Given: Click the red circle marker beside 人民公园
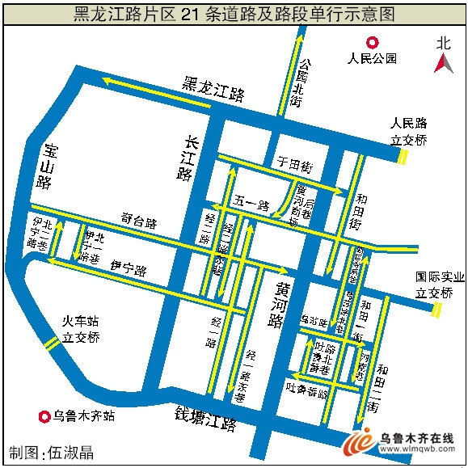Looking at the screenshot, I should click(372, 44).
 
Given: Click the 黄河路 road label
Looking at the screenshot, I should click(276, 306).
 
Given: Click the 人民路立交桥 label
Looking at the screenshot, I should click(408, 132).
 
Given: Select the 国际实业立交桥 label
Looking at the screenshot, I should click(440, 285).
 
